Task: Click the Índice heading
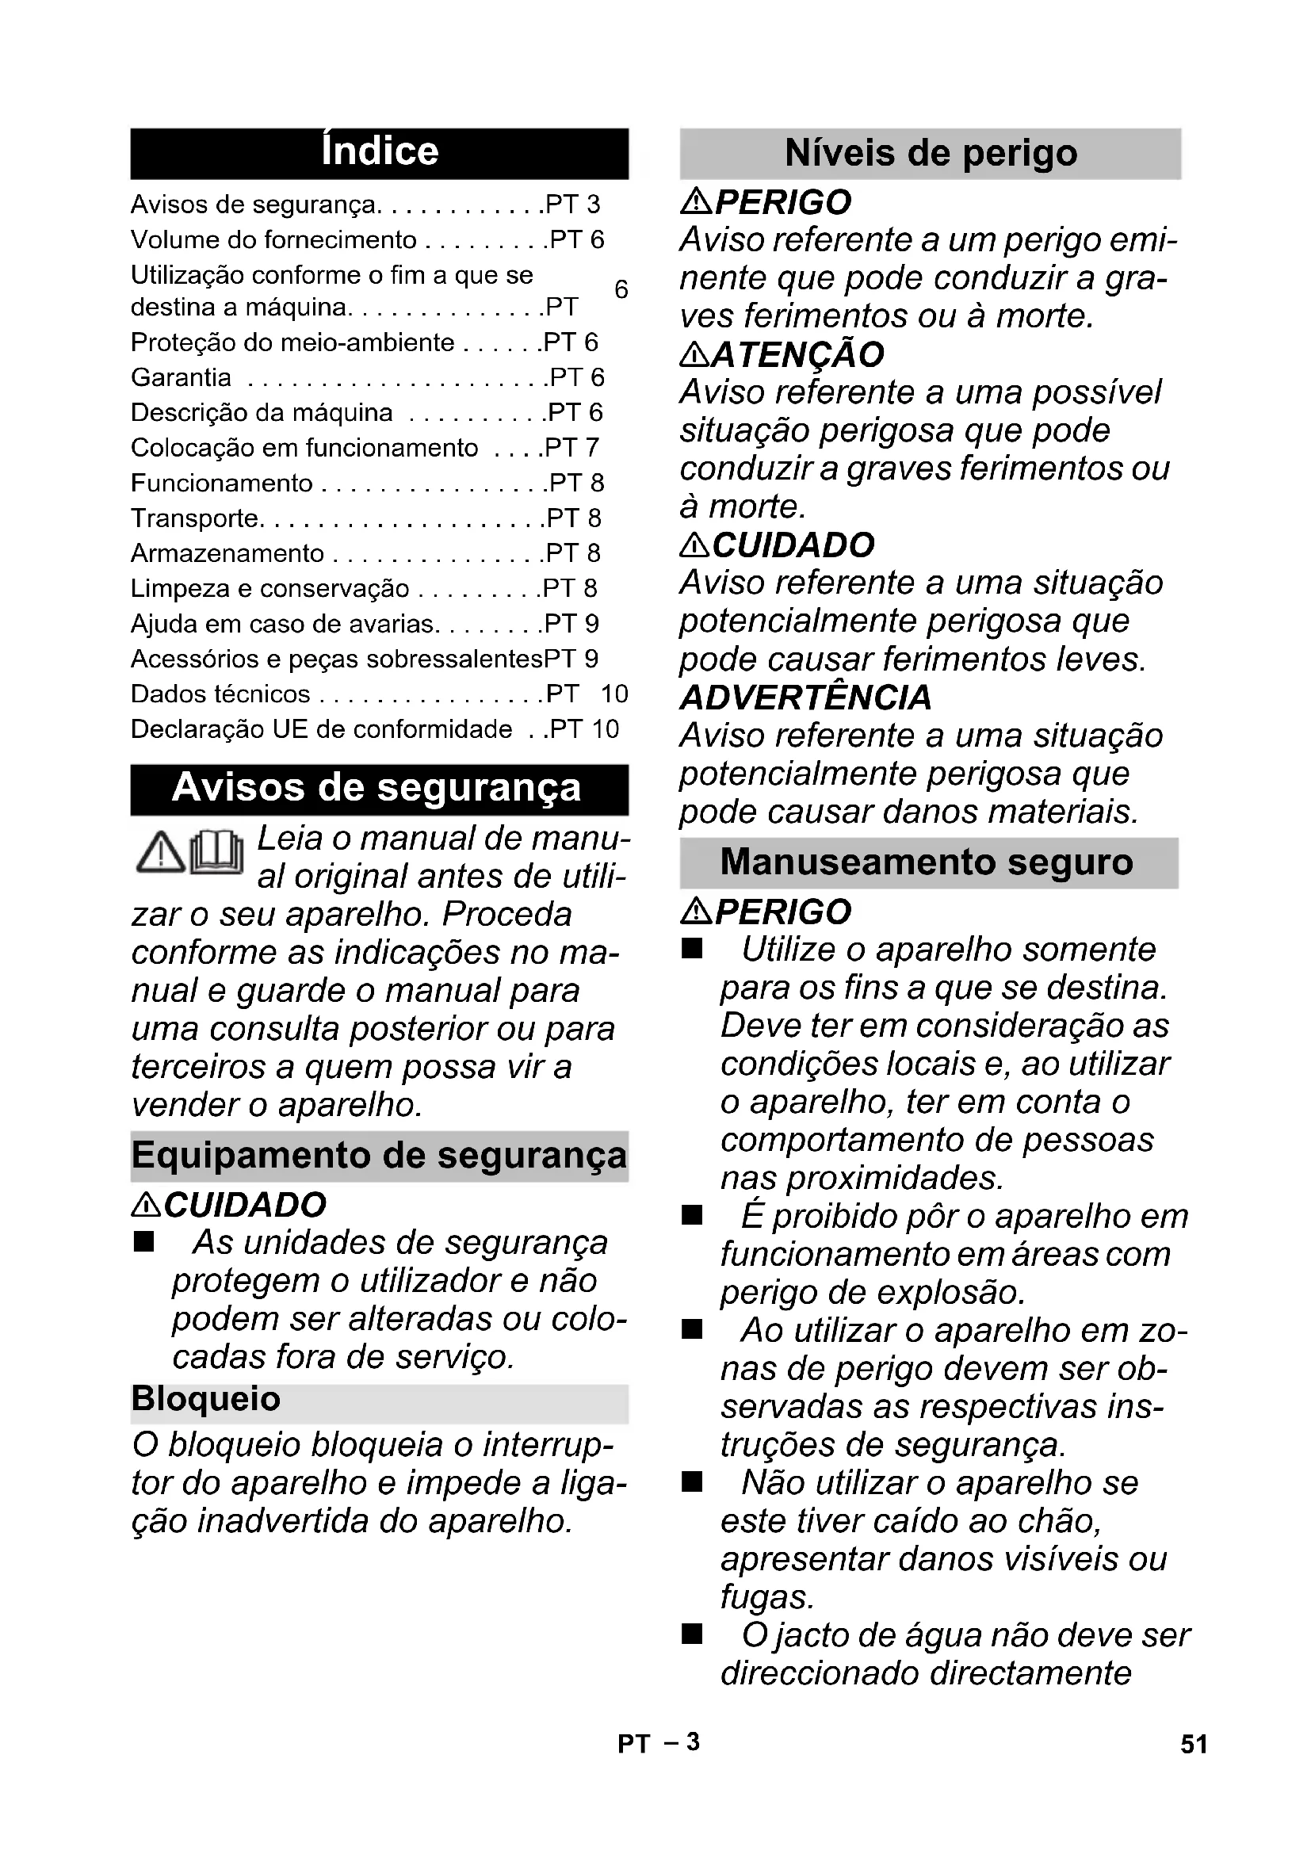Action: click(x=380, y=152)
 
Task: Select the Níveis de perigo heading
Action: click(x=930, y=154)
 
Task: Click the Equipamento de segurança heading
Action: click(x=379, y=1156)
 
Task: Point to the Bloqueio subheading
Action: click(x=207, y=1399)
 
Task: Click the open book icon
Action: click(x=216, y=853)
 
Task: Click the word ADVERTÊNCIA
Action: click(x=805, y=698)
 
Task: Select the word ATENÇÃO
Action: click(x=797, y=355)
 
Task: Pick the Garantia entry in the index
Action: click(x=181, y=378)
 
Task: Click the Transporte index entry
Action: click(x=195, y=518)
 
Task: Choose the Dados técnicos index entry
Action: click(x=220, y=694)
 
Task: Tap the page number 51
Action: click(x=1194, y=1745)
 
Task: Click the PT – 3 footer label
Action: click(x=658, y=1743)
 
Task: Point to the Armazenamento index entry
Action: click(x=227, y=553)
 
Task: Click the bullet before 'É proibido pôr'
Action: click(x=692, y=1216)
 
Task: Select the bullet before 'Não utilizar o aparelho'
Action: click(x=692, y=1482)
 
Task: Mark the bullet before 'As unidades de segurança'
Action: click(x=143, y=1243)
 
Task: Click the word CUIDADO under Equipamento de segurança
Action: click(x=245, y=1206)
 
